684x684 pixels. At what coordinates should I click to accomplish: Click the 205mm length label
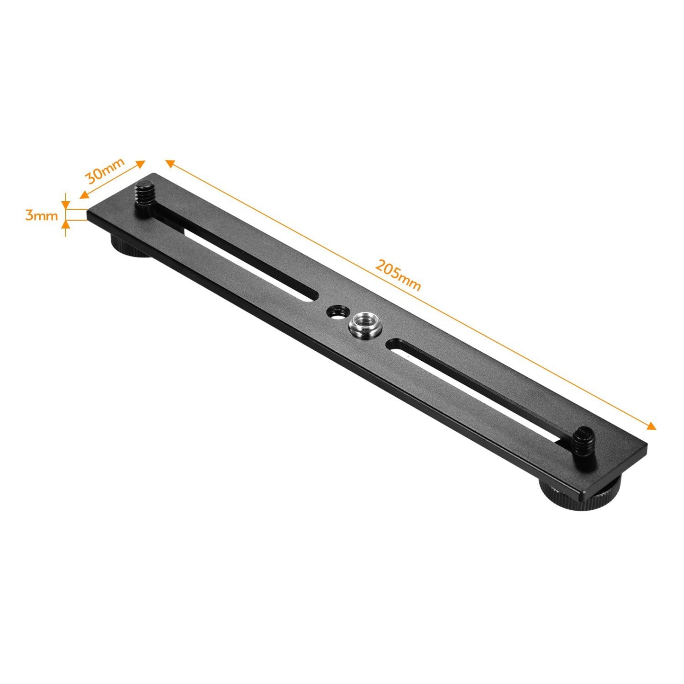pyautogui.click(x=398, y=275)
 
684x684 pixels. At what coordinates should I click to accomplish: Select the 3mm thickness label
pyautogui.click(x=42, y=216)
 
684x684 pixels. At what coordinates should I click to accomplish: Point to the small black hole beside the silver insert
pyautogui.click(x=337, y=311)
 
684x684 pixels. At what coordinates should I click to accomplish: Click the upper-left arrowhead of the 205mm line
pyautogui.click(x=170, y=163)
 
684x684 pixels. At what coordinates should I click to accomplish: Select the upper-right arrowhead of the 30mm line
pyautogui.click(x=141, y=163)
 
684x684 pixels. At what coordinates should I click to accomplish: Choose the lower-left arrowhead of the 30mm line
pyautogui.click(x=83, y=195)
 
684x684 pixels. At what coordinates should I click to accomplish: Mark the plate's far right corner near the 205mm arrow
pyautogui.click(x=646, y=444)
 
